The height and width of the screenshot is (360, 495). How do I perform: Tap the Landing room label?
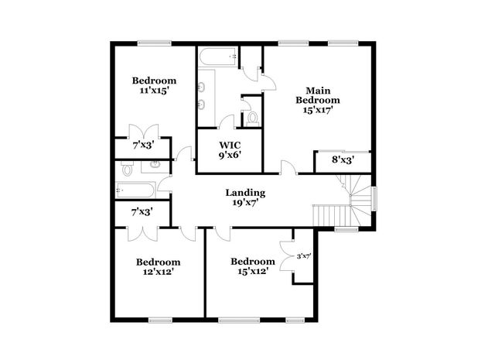[245, 193]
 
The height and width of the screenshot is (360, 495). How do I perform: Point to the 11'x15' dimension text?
[153, 91]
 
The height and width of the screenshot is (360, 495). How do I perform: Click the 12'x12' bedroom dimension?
[158, 273]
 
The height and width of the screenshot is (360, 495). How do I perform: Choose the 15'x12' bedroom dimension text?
[252, 272]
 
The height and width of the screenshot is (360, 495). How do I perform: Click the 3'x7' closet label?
[305, 256]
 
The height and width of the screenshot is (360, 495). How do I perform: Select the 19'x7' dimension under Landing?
[245, 204]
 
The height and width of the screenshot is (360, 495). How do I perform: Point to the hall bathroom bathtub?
[136, 188]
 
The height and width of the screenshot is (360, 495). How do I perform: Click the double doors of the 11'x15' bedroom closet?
[144, 132]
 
